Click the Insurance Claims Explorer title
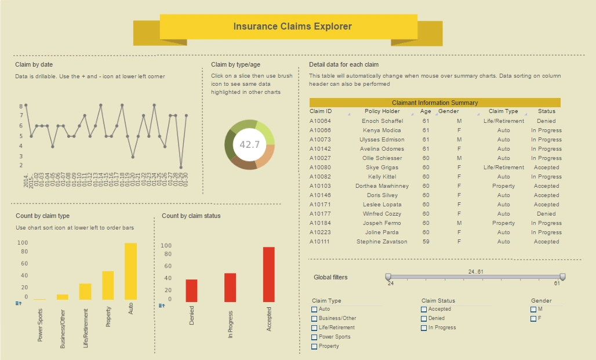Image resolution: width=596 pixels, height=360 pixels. pyautogui.click(x=292, y=26)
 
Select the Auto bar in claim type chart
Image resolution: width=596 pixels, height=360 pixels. pyautogui.click(x=130, y=271)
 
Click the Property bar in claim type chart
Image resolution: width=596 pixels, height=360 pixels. pyautogui.click(x=108, y=285)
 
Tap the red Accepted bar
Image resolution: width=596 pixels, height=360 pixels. pyautogui.click(x=268, y=274)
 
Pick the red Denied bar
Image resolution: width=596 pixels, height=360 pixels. pyautogui.click(x=191, y=290)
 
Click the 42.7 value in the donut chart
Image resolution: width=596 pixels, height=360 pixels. pyautogui.click(x=249, y=144)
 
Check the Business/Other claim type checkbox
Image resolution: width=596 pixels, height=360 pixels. pyautogui.click(x=314, y=318)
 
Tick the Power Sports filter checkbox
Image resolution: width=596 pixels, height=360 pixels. pyautogui.click(x=314, y=337)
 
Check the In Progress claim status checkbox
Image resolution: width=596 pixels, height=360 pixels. pyautogui.click(x=424, y=328)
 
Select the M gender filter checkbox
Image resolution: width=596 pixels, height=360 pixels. pyautogui.click(x=533, y=309)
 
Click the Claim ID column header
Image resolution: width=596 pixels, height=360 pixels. pyautogui.click(x=321, y=111)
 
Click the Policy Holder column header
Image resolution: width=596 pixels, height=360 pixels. pyautogui.click(x=382, y=111)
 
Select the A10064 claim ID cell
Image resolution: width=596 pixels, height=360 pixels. pyautogui.click(x=320, y=121)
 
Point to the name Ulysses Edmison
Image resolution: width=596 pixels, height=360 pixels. pyautogui.click(x=382, y=140)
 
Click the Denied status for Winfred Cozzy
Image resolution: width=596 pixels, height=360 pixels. pyautogui.click(x=546, y=214)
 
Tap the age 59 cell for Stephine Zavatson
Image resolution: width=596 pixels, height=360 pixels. pyautogui.click(x=426, y=242)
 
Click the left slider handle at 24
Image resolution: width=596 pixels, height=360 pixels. pyautogui.click(x=388, y=277)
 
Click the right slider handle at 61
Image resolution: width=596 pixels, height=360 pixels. pyautogui.click(x=562, y=277)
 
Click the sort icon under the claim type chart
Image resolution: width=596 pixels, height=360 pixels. pyautogui.click(x=18, y=303)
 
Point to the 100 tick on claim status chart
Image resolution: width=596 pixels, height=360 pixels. pyautogui.click(x=166, y=246)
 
